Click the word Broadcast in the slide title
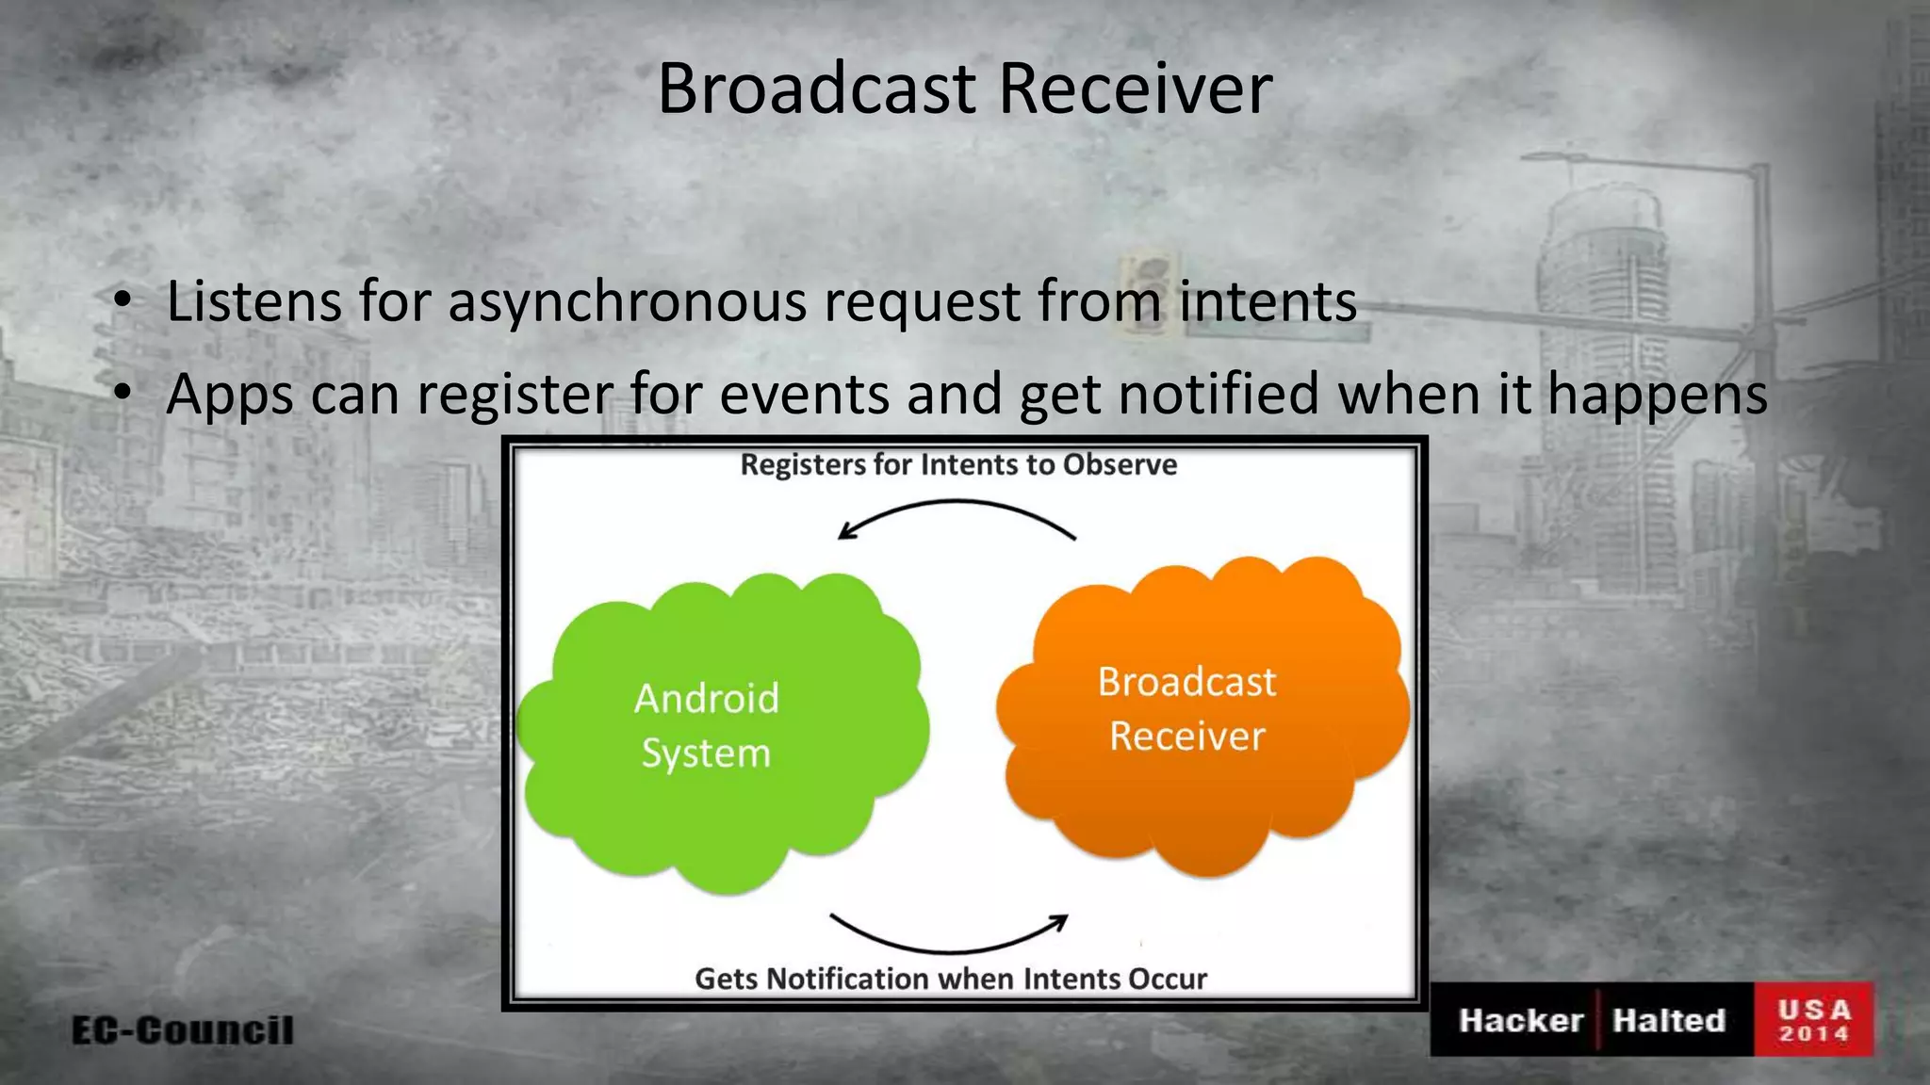click(x=816, y=89)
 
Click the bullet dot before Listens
click(x=122, y=302)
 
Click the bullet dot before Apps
click(x=122, y=394)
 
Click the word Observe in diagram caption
click(x=1120, y=464)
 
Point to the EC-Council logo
click(x=183, y=1029)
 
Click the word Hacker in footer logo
click(x=1520, y=1020)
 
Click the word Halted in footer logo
click(x=1668, y=1020)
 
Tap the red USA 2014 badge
click(x=1813, y=1020)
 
